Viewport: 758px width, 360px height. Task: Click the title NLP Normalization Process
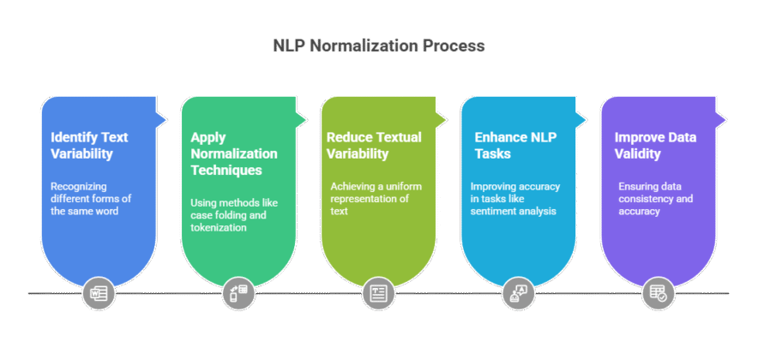[378, 46]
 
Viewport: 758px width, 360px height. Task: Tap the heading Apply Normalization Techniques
[233, 153]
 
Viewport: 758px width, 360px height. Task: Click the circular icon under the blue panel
[98, 293]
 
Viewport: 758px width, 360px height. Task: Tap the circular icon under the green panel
[238, 293]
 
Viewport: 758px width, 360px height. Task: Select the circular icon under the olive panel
[378, 293]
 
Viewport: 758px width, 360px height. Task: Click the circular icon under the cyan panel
[519, 293]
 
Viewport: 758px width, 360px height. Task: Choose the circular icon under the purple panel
[659, 293]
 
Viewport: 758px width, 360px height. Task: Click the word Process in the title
[453, 46]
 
